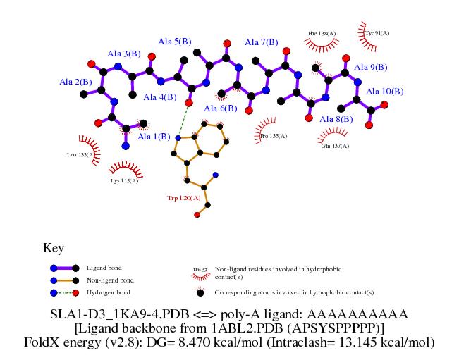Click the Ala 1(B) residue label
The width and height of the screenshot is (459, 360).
click(x=154, y=137)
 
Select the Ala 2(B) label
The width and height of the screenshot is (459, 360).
click(x=75, y=82)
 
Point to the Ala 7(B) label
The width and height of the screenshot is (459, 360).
click(x=262, y=42)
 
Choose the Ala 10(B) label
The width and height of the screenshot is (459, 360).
click(x=385, y=92)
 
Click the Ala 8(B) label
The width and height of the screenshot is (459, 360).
click(x=336, y=120)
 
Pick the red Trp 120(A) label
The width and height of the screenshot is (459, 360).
click(x=184, y=199)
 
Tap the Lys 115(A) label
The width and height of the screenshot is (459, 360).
click(x=124, y=181)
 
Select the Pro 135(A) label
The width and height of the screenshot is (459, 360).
click(x=274, y=136)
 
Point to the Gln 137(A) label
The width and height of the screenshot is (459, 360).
click(x=336, y=146)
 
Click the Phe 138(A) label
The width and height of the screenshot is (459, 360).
click(x=322, y=33)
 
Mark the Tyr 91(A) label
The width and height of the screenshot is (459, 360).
click(x=377, y=32)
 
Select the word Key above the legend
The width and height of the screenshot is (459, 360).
click(x=54, y=249)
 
